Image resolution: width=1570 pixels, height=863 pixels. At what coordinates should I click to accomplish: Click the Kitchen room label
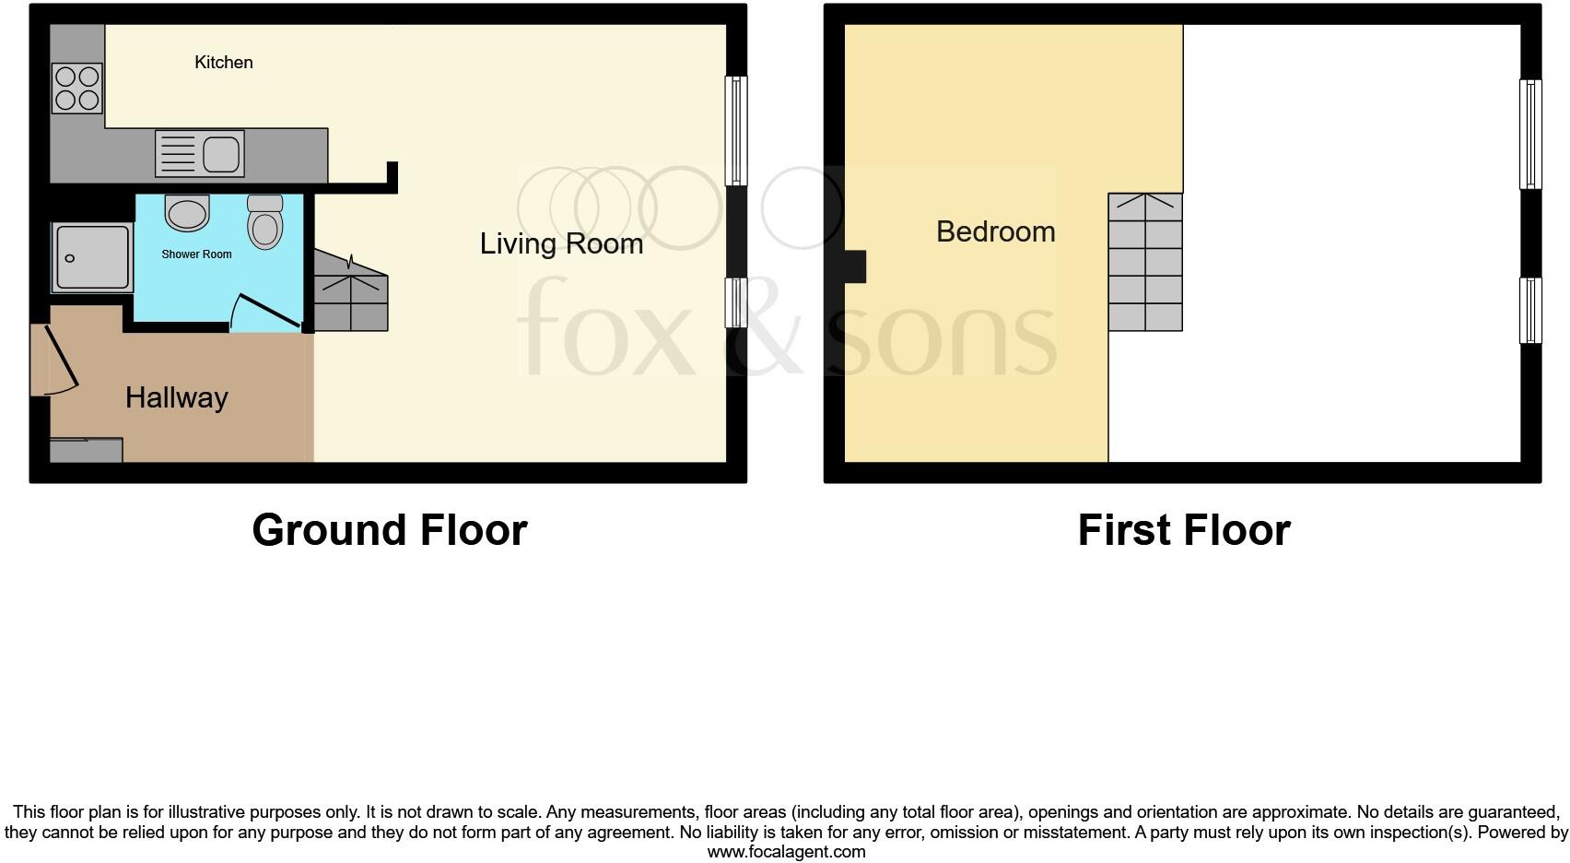click(223, 62)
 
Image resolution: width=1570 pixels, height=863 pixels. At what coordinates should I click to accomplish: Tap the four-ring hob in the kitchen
click(77, 88)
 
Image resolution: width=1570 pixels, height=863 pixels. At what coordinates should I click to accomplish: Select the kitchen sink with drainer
click(200, 153)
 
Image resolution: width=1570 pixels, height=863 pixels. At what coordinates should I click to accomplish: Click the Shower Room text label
click(196, 254)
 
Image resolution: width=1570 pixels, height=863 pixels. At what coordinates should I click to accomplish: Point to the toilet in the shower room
click(265, 223)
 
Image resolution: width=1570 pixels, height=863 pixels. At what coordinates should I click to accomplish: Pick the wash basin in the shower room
click(187, 212)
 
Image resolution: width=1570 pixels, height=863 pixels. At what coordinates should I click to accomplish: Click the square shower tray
click(91, 257)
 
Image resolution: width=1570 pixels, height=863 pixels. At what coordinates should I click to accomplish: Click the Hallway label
click(176, 397)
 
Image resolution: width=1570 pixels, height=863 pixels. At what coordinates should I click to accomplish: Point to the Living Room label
click(561, 243)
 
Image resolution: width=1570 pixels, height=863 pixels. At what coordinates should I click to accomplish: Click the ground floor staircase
click(351, 293)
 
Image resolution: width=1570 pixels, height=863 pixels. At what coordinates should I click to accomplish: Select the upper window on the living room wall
click(735, 131)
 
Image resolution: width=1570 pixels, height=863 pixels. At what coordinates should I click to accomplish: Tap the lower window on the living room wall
click(735, 302)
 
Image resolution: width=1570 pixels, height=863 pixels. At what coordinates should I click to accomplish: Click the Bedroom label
click(995, 231)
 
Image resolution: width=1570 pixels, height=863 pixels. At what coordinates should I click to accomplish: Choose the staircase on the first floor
click(1145, 262)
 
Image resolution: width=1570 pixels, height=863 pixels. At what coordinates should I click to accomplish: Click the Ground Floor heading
click(389, 530)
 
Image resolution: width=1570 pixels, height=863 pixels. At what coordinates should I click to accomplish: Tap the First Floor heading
click(1184, 530)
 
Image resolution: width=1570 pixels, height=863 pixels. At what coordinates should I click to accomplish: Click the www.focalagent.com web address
click(786, 852)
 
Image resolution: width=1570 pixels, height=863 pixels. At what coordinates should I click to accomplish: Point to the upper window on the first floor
click(1530, 135)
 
